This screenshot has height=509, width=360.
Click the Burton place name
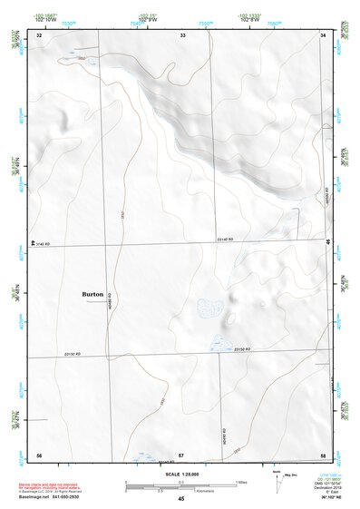[92, 295]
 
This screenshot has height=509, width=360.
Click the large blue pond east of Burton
[209, 307]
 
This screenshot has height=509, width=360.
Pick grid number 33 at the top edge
[182, 34]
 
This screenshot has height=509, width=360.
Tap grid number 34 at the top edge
[324, 34]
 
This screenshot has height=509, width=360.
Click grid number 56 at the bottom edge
[39, 455]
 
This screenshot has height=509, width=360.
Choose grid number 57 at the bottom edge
[181, 455]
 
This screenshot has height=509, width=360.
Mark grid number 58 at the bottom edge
[323, 455]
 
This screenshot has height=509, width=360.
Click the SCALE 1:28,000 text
[181, 475]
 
